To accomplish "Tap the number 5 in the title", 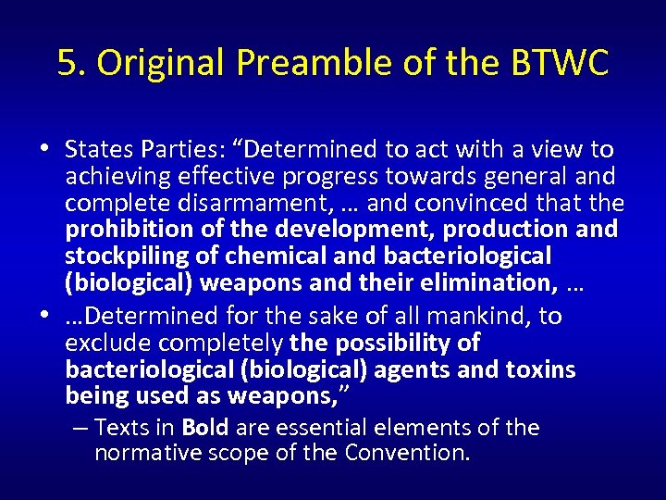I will pos(67,63).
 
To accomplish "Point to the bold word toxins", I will pos(540,370).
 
